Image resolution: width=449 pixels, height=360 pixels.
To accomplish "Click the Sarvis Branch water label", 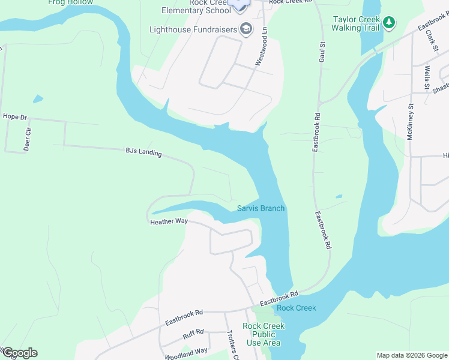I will click(x=261, y=208).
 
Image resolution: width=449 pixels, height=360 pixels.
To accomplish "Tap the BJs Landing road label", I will click(x=143, y=152).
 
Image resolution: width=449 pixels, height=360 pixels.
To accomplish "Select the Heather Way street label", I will click(x=169, y=221).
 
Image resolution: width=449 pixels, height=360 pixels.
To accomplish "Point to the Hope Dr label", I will click(x=15, y=116).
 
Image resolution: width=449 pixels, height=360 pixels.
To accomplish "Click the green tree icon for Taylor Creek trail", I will click(x=390, y=23).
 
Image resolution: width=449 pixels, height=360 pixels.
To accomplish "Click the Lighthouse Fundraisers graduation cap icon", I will click(x=245, y=29).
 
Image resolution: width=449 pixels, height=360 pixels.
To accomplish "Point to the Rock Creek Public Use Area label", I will click(x=264, y=334).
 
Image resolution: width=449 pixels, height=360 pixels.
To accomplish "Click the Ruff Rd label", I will click(x=193, y=331).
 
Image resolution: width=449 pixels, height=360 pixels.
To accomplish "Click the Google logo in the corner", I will click(x=19, y=353).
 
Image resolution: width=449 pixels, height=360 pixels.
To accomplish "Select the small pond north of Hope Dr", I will click(x=38, y=98).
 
